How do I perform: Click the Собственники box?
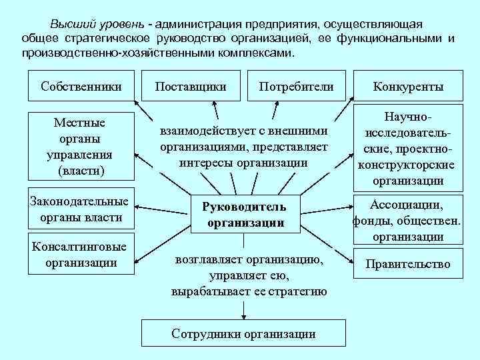[x=81, y=86]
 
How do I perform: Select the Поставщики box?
[x=190, y=86]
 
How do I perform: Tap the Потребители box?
[x=296, y=86]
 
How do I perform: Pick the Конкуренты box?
[x=408, y=87]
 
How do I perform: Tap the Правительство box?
[x=408, y=264]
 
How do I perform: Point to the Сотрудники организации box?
[x=244, y=333]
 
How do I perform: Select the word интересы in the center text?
[x=207, y=162]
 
